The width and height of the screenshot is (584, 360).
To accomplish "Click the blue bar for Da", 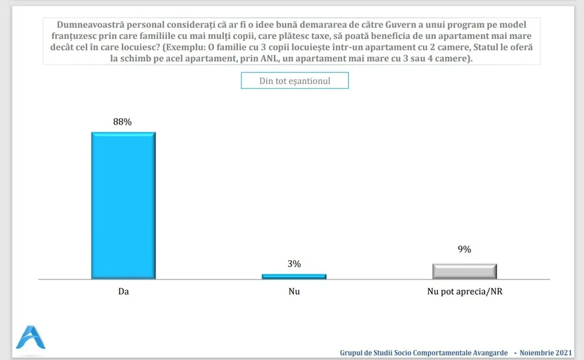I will point(123,206).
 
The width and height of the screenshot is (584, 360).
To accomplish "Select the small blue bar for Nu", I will point(294,276).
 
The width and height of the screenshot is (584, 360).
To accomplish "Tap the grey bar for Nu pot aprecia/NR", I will point(465,271).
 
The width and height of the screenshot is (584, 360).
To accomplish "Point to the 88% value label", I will point(123,121).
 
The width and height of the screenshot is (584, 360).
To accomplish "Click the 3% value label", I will point(294,263).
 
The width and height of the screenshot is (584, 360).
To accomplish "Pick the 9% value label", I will point(465,249).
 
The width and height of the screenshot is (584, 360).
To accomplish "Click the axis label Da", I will point(123,292).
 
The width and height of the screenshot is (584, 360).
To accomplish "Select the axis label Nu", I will point(294,292).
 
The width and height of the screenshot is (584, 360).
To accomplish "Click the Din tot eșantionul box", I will point(295,80).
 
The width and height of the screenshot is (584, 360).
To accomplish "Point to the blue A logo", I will point(31,338).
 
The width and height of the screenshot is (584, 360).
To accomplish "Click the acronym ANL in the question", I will point(263,58).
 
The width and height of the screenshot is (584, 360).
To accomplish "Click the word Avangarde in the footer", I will point(487,353).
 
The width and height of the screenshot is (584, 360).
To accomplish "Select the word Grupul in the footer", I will point(353,353).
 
